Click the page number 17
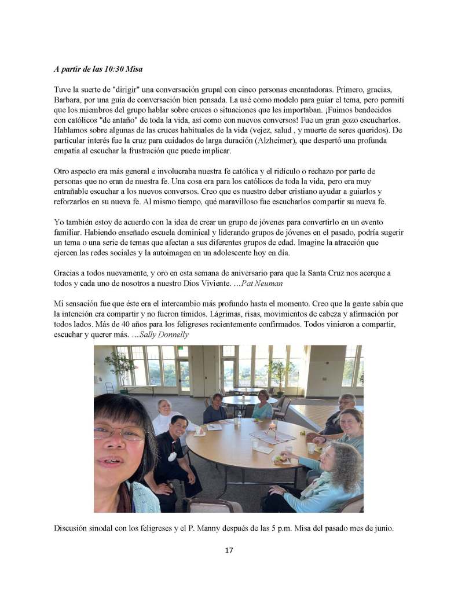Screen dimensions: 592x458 coord(229,550)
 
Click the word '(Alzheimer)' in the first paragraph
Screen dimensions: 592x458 coord(251,141)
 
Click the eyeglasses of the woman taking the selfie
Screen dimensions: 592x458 coord(122,431)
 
